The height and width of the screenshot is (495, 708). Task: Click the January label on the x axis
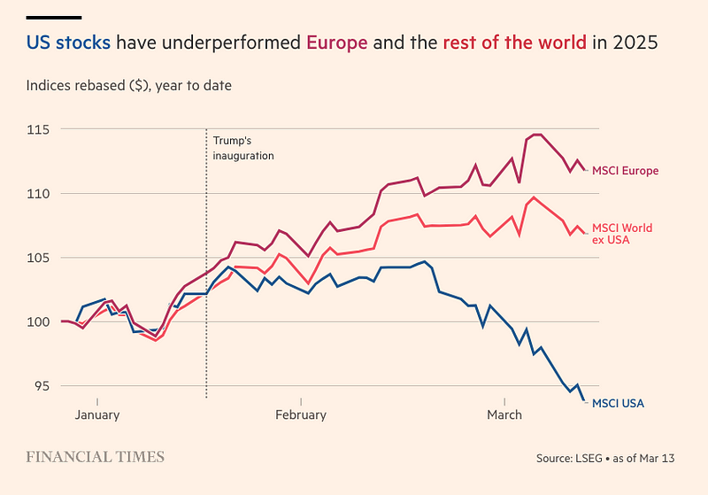(97, 414)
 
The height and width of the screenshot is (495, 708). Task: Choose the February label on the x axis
(301, 414)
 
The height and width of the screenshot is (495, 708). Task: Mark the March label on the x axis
(504, 414)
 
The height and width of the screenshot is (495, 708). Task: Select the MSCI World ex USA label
(621, 234)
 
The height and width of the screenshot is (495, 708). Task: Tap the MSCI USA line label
(618, 404)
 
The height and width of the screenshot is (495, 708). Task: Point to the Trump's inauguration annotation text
(243, 148)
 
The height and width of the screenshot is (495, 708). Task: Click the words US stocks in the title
(68, 43)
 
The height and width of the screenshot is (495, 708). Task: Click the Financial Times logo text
(95, 457)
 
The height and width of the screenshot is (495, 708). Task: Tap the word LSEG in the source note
(594, 459)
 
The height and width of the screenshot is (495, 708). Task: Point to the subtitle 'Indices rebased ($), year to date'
(129, 86)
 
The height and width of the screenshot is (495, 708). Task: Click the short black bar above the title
(54, 17)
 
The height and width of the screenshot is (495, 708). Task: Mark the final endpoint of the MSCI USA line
(584, 401)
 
